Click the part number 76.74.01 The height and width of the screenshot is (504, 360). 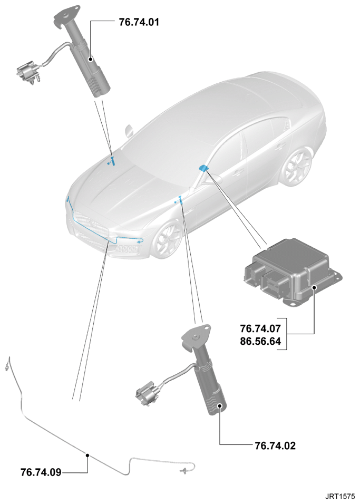click(x=139, y=22)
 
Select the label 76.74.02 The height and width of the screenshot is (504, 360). click(x=275, y=445)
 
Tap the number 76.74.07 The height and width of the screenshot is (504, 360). click(x=260, y=328)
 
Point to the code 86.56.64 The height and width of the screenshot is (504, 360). click(x=260, y=341)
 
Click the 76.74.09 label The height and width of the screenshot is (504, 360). click(x=41, y=472)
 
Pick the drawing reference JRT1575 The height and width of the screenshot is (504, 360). click(x=340, y=496)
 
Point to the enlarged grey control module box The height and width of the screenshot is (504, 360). click(x=293, y=273)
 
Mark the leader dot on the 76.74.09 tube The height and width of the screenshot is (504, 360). click(x=87, y=455)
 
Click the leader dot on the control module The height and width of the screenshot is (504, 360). click(x=314, y=287)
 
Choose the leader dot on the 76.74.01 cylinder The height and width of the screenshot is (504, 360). click(x=91, y=59)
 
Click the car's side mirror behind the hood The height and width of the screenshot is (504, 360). click(x=130, y=131)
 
